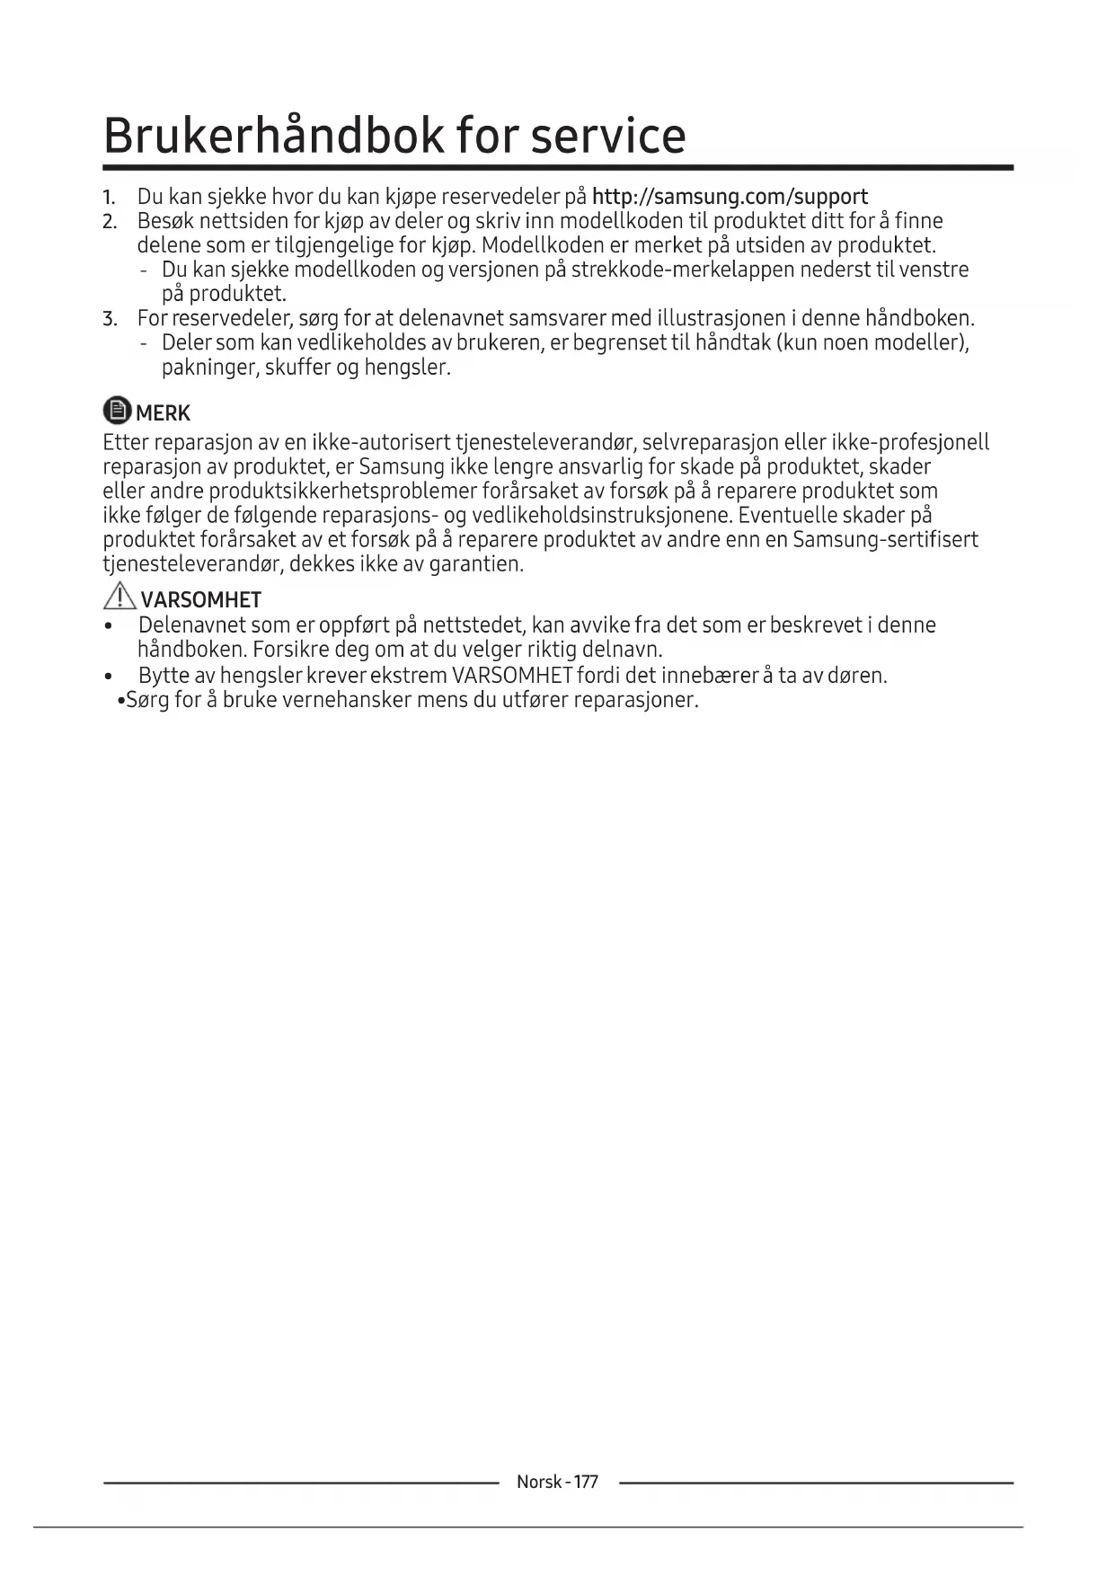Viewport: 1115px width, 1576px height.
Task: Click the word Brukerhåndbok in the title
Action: (274, 136)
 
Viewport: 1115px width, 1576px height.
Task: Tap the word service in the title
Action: (607, 136)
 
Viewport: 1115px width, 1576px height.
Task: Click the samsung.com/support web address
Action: (730, 197)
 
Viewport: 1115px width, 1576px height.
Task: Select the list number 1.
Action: (108, 198)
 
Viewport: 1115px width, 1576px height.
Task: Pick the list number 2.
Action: (109, 222)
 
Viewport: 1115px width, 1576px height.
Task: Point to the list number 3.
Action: (109, 319)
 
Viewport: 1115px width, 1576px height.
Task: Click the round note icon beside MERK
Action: (117, 411)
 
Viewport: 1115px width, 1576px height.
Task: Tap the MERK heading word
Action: (163, 413)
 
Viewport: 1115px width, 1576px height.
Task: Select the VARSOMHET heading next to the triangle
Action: (200, 600)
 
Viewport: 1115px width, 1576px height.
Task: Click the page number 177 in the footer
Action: (585, 1482)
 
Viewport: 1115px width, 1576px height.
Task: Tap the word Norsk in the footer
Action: (539, 1482)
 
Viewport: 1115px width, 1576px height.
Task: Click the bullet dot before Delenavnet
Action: (109, 626)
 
